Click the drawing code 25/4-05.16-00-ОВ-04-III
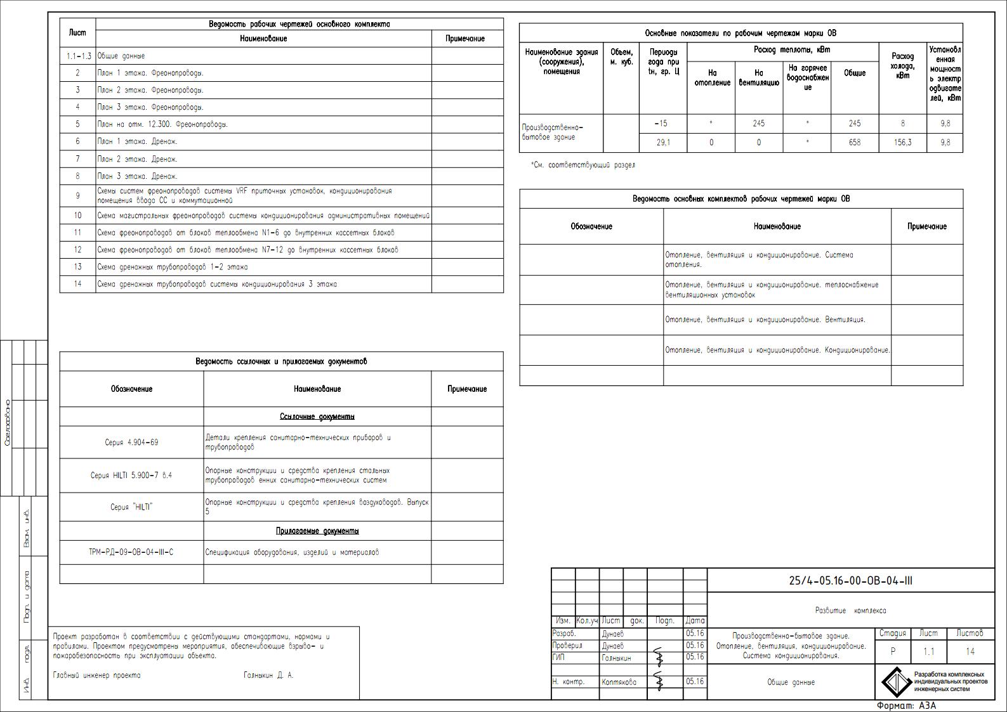tap(850, 581)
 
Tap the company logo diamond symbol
tap(895, 682)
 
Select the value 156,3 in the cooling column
tap(902, 143)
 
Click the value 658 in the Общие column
tap(855, 143)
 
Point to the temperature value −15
tap(662, 124)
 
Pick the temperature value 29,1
tap(662, 143)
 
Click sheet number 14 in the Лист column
tap(77, 284)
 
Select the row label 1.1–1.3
tap(78, 56)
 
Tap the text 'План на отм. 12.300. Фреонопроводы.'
tap(162, 124)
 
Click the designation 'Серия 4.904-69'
tap(131, 443)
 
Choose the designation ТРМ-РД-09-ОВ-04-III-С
tap(131, 552)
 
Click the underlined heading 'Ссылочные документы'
tap(317, 417)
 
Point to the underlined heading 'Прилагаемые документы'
tap(317, 531)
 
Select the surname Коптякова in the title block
tap(619, 682)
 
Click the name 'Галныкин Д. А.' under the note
tap(268, 675)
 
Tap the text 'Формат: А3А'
tap(906, 706)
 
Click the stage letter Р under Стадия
tap(893, 651)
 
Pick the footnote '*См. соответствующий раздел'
tap(582, 165)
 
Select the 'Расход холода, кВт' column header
tap(902, 66)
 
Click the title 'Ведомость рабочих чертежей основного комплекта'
tap(299, 24)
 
